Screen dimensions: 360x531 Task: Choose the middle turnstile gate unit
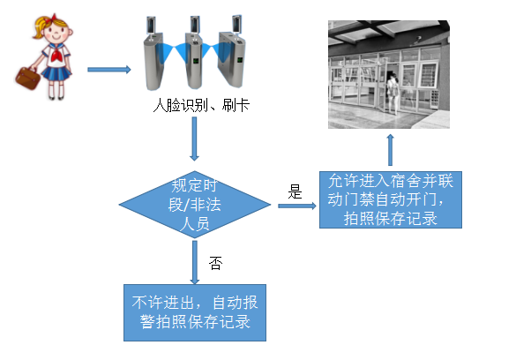(x=197, y=56)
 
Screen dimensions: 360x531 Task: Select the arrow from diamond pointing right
(x=296, y=206)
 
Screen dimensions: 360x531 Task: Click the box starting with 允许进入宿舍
(x=391, y=199)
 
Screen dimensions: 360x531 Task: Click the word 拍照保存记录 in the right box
(x=391, y=217)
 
